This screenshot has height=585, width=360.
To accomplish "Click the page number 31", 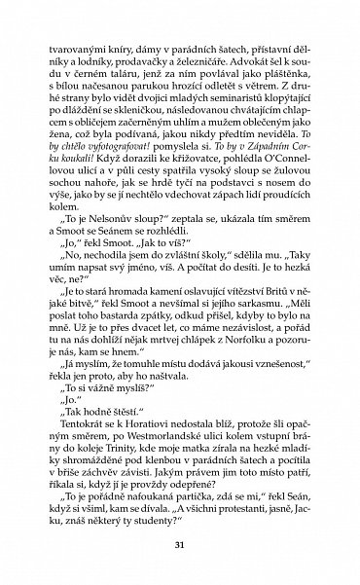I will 180,544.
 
